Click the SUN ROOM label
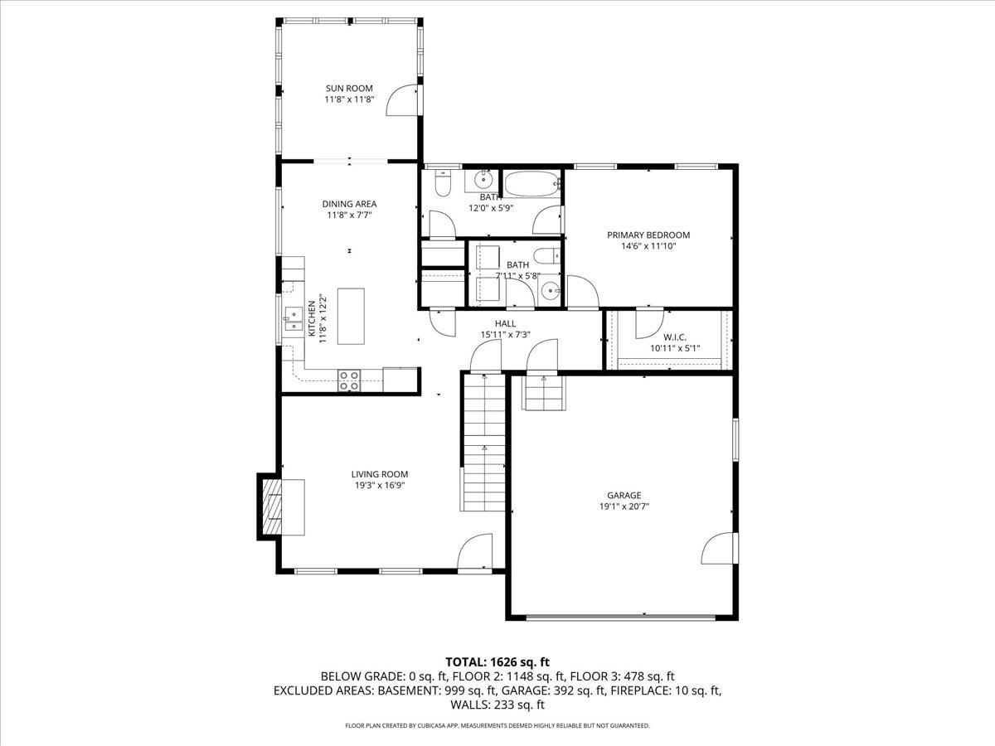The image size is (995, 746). click(x=348, y=88)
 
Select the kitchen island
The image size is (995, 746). click(x=352, y=316)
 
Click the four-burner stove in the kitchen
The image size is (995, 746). click(x=349, y=380)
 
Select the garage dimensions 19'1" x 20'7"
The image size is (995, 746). click(x=624, y=506)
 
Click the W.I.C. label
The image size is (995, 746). click(x=675, y=337)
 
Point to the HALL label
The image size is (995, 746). click(x=505, y=324)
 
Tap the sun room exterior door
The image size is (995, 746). click(x=405, y=100)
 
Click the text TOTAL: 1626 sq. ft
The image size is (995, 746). click(x=498, y=661)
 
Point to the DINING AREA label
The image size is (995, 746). click(x=349, y=204)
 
